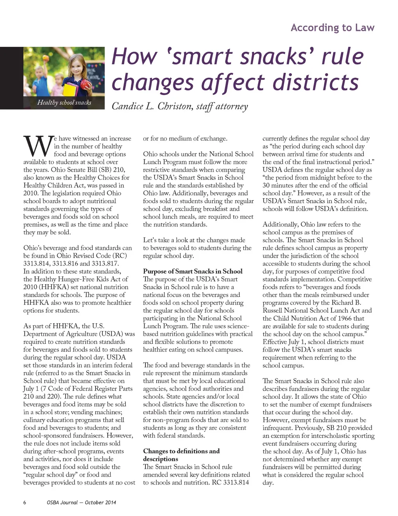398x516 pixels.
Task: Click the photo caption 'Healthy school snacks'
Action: [x=64, y=102]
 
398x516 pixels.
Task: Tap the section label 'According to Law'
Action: [x=332, y=28]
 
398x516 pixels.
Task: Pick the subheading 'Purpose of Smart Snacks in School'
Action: [x=192, y=271]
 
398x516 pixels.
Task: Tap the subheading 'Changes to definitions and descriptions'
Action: [x=181, y=455]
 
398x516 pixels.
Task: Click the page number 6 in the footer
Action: [x=25, y=502]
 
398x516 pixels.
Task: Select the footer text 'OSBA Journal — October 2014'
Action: [x=81, y=502]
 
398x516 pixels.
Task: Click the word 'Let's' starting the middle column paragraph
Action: [x=151, y=240]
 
